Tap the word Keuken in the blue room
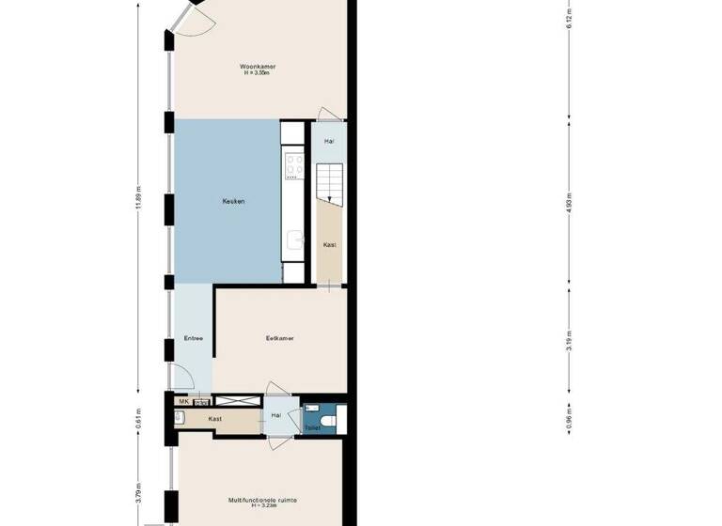(234, 201)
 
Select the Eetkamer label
(279, 338)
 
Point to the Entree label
(193, 338)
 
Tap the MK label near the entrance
(182, 401)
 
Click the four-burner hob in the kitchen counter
(292, 166)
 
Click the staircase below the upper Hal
(329, 180)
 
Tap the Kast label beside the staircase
(329, 244)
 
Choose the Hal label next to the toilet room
(276, 415)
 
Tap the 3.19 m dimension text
(570, 344)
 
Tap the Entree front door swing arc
(185, 380)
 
